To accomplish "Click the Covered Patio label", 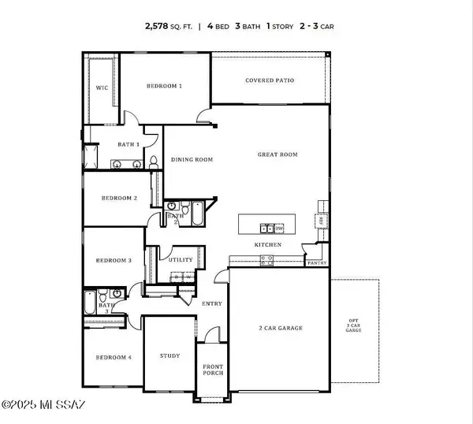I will click(270, 80).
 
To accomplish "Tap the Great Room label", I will click(277, 155).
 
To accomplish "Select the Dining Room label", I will click(192, 160).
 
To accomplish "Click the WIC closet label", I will click(102, 88).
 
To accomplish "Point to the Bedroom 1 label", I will click(164, 85).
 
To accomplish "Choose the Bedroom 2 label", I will click(119, 199).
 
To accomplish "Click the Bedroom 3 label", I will click(114, 260).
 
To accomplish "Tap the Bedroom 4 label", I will click(114, 358).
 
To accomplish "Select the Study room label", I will click(169, 355).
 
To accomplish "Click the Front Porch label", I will click(212, 370).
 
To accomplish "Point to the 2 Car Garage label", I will click(280, 328).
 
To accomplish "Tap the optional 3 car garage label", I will click(354, 325).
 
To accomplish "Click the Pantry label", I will click(317, 262).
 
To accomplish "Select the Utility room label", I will click(181, 258).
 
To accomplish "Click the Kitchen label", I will click(267, 245).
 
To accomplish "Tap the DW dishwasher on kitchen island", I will click(279, 229).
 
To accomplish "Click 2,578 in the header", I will click(158, 25).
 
